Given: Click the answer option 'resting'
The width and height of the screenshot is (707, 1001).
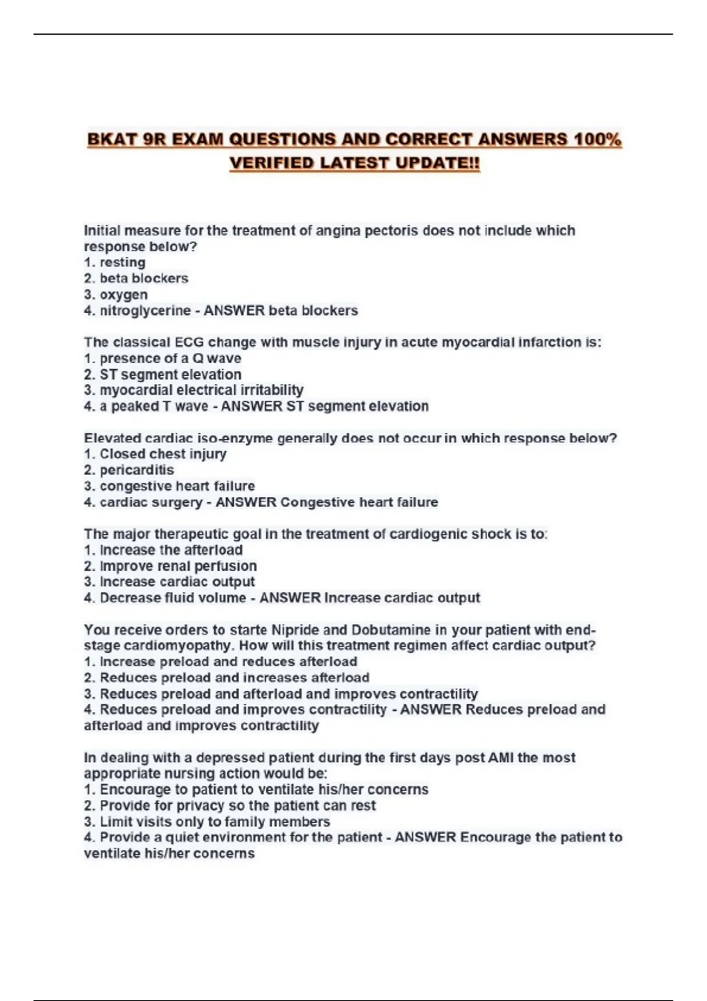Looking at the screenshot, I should pyautogui.click(x=122, y=263).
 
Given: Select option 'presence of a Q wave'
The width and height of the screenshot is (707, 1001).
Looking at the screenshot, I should pyautogui.click(x=170, y=358).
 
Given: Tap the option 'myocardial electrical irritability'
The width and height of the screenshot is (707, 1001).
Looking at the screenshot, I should pyautogui.click(x=201, y=390).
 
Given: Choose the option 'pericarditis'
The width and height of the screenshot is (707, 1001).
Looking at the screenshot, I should pyautogui.click(x=137, y=470).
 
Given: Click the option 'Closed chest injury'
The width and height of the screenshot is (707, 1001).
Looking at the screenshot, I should pyautogui.click(x=163, y=454).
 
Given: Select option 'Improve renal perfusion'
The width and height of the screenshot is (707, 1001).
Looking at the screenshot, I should pyautogui.click(x=178, y=566).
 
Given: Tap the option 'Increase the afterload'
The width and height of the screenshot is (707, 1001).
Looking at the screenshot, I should pyautogui.click(x=171, y=550).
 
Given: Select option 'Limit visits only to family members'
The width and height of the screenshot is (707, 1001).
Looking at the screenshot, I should pyautogui.click(x=214, y=821).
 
